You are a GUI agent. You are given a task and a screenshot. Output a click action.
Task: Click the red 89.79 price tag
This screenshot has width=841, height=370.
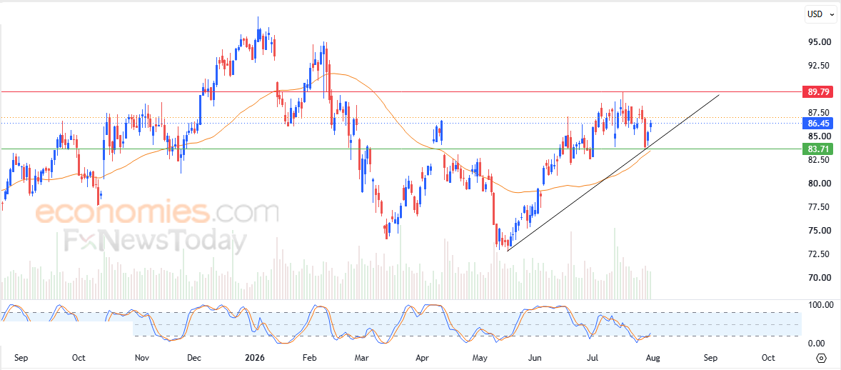pos(817,92)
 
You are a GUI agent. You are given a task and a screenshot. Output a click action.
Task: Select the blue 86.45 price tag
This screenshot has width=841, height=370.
pos(817,124)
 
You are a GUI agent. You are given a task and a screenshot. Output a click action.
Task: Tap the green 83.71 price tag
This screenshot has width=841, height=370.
pos(817,149)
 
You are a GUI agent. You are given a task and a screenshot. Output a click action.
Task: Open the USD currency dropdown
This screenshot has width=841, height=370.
pos(820,14)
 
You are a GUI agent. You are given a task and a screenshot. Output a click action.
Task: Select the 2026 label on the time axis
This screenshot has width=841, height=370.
pos(254,358)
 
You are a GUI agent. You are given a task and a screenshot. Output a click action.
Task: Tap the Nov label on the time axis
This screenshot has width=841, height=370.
pos(141,358)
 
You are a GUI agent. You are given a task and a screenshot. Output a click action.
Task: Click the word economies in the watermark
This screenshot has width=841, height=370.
pos(122,213)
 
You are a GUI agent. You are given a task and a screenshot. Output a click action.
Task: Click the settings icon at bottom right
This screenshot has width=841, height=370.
pos(820,358)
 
